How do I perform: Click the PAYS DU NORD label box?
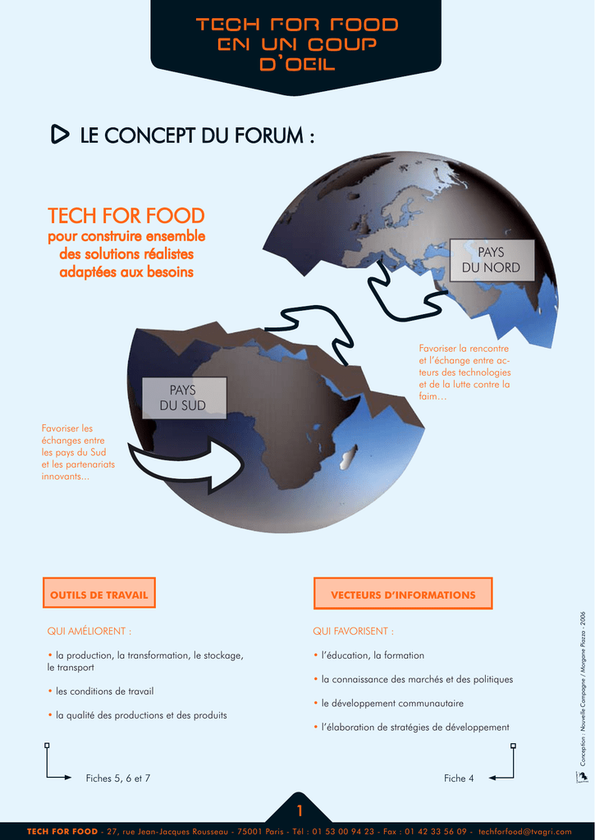tap(492, 260)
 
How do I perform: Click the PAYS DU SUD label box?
tap(184, 398)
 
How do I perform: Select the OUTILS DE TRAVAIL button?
tap(99, 592)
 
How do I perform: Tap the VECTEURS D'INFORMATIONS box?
tap(403, 593)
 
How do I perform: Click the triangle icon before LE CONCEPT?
tap(59, 135)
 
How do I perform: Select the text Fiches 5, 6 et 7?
tap(118, 778)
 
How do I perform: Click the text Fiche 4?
tap(459, 778)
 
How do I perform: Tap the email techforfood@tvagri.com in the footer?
tap(524, 832)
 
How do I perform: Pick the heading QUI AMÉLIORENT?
tap(89, 631)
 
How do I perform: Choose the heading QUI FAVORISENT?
tap(353, 631)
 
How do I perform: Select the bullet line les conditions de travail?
tap(101, 691)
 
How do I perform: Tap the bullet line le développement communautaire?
tap(389, 703)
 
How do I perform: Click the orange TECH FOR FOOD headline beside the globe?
tap(126, 216)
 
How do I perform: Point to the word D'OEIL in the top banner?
tap(297, 64)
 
